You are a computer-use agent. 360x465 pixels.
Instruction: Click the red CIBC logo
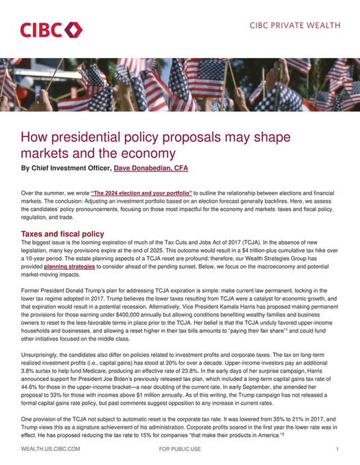click(51, 30)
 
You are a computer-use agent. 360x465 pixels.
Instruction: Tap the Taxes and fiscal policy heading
click(63, 234)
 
